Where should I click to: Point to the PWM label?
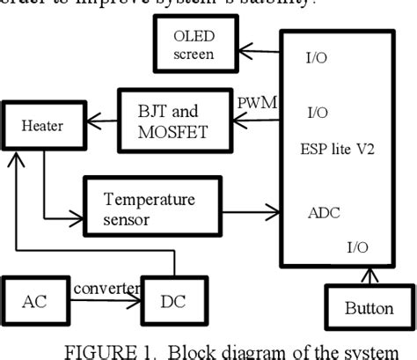[x=258, y=103]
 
